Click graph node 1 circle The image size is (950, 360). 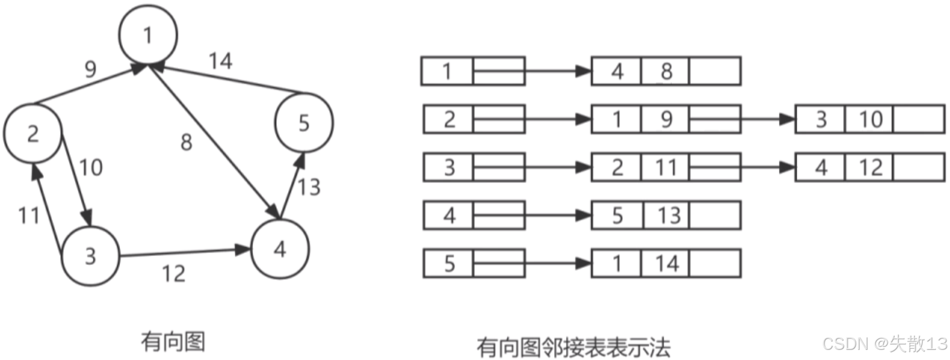tap(148, 34)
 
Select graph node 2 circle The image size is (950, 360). tap(33, 133)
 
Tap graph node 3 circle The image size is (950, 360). tap(90, 255)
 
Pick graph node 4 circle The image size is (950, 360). tap(280, 248)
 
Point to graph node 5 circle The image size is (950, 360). tap(304, 122)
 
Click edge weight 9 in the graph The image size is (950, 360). tap(90, 70)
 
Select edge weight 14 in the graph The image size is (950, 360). tap(220, 61)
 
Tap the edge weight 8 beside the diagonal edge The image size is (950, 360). tap(186, 143)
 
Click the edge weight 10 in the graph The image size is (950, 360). tap(91, 168)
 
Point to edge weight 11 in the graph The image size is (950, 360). tap(29, 215)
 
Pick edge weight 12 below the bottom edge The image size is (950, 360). tap(173, 274)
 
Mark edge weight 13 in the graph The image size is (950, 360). tap(309, 187)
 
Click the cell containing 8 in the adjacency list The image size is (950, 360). tap(666, 71)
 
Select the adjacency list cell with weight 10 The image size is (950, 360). tap(870, 119)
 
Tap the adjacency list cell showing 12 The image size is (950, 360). tap(870, 168)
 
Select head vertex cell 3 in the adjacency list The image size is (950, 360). tap(449, 168)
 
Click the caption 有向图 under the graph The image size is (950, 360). tap(173, 342)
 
